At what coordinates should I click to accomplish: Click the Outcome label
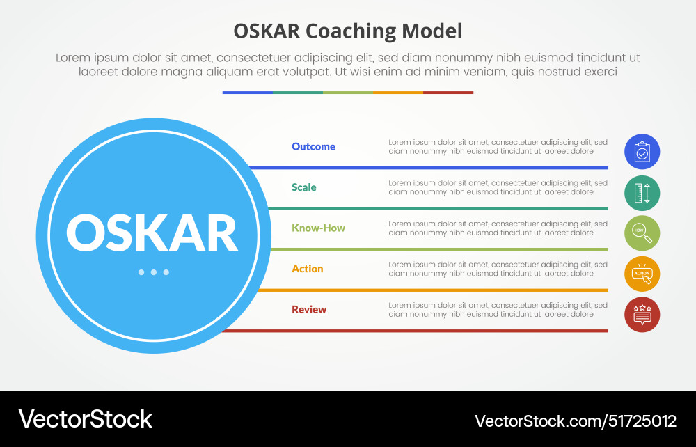tap(313, 147)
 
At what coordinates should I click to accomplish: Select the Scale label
tap(303, 187)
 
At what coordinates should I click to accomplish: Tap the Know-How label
tap(318, 228)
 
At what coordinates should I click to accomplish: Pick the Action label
tap(307, 269)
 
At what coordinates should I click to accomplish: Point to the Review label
tap(309, 310)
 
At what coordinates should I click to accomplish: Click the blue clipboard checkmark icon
tap(642, 152)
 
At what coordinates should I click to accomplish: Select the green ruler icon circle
tap(642, 192)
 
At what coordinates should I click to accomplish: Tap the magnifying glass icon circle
tap(642, 233)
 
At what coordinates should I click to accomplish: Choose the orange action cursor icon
tap(642, 274)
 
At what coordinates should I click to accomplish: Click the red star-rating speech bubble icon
tap(642, 315)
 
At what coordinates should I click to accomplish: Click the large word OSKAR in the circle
tap(152, 233)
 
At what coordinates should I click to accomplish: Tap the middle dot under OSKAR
tap(153, 272)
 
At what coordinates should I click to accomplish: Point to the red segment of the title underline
tap(448, 93)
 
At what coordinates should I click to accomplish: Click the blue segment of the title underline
tap(247, 93)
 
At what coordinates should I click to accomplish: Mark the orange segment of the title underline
tap(397, 93)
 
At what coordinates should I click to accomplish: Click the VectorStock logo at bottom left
tap(85, 419)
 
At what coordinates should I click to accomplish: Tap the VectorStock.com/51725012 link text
tap(575, 421)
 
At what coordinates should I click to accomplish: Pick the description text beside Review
tap(498, 310)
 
